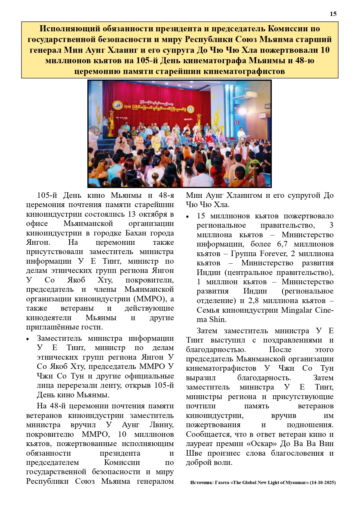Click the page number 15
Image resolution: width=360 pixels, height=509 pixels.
point(333,14)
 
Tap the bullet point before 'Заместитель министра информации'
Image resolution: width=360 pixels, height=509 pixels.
point(28,339)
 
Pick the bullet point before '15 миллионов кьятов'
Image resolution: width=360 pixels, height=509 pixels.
point(188,217)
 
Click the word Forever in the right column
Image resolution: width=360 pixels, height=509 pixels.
point(273,254)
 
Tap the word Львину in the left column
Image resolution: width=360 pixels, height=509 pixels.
point(161,425)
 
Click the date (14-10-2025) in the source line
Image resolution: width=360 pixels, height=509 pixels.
point(323,483)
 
